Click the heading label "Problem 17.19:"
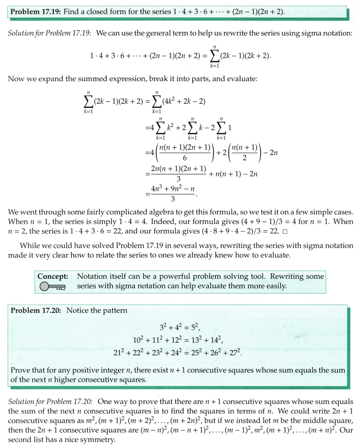pyautogui.click(x=36, y=11)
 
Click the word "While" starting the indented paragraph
pyautogui.click(x=29, y=246)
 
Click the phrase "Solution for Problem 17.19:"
pyautogui.click(x=50, y=33)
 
